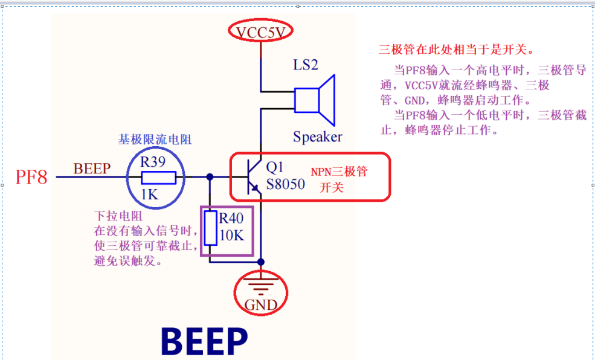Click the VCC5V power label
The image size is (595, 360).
(x=260, y=32)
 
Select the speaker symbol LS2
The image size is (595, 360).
(x=315, y=99)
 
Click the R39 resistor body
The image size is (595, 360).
(x=158, y=177)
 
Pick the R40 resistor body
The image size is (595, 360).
(x=210, y=228)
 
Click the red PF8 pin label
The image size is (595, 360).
(x=31, y=178)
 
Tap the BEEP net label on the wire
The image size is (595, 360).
(x=92, y=169)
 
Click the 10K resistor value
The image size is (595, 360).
(x=232, y=236)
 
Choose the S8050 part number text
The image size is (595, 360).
(x=286, y=184)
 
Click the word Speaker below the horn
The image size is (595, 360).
(x=317, y=137)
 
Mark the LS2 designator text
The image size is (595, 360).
(x=306, y=65)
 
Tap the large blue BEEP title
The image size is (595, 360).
(x=204, y=341)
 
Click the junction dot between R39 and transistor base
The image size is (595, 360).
(x=210, y=177)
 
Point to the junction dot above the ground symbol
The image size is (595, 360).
(x=261, y=262)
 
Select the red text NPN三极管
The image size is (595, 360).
(x=339, y=172)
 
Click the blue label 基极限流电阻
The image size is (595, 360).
(x=155, y=140)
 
